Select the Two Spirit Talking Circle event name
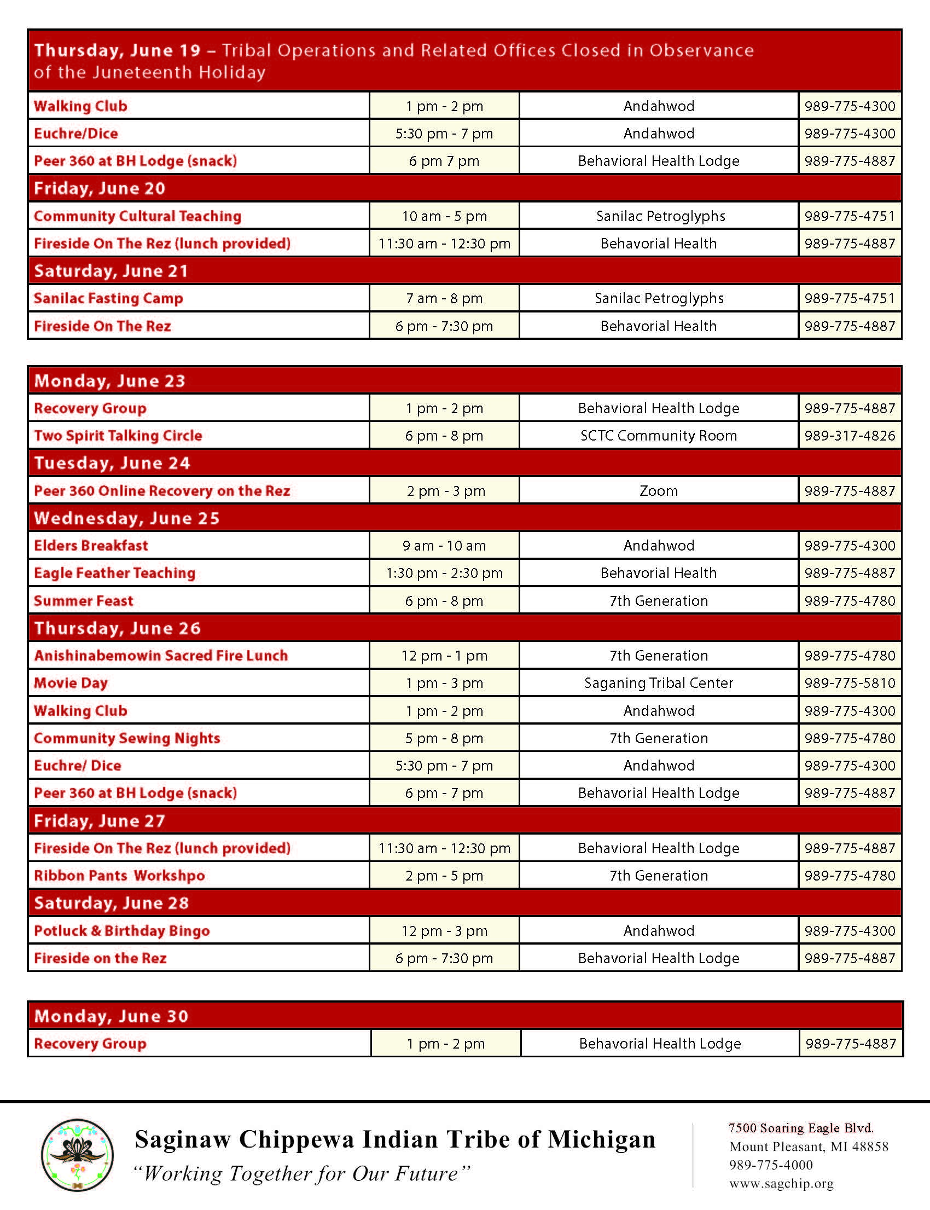[118, 435]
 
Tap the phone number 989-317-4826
[849, 435]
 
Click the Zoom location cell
[658, 491]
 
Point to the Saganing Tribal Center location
[658, 683]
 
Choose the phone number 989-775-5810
[849, 683]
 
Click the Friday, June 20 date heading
[100, 188]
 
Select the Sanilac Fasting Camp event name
[108, 298]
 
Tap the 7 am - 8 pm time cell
[444, 298]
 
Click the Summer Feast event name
[84, 601]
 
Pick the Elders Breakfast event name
[91, 546]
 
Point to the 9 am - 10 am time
[444, 546]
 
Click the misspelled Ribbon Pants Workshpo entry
[119, 876]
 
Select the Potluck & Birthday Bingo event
[122, 931]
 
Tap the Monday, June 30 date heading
[111, 1016]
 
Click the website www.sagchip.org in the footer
[781, 1183]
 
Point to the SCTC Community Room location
[658, 435]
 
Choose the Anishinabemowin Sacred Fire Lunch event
[160, 656]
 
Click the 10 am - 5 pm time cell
[444, 216]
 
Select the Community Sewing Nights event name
[127, 738]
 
